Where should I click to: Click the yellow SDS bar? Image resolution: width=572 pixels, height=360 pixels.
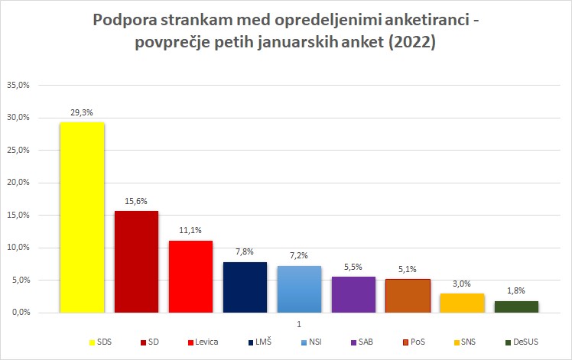(82, 217)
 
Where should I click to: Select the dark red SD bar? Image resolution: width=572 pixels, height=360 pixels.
(136, 262)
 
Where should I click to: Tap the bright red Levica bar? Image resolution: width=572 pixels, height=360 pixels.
(190, 277)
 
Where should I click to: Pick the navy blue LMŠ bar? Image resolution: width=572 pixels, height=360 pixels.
(245, 287)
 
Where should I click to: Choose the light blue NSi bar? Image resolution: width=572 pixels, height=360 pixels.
(300, 289)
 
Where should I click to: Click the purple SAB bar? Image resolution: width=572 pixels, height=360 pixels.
(353, 295)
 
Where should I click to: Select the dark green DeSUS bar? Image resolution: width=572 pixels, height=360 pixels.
(516, 306)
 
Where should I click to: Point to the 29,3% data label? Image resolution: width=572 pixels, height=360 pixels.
(82, 112)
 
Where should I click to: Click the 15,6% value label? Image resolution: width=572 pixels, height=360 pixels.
(136, 201)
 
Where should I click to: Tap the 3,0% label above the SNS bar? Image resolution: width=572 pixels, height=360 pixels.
(462, 284)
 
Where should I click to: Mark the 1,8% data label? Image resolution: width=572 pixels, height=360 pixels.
(516, 290)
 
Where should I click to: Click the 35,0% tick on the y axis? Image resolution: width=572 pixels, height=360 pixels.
(18, 85)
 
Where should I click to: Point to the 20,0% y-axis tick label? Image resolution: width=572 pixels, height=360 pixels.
(18, 183)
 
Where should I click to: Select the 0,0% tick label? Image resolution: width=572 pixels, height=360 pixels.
(21, 313)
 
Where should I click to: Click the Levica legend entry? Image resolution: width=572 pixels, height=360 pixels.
(203, 342)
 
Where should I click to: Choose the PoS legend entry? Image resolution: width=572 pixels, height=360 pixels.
(414, 342)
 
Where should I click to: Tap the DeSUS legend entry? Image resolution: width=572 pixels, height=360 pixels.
(522, 342)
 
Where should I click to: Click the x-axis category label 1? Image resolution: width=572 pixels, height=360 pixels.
(299, 324)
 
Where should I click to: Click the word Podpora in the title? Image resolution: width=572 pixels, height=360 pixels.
(125, 21)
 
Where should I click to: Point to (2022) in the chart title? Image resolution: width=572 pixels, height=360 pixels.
(412, 42)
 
